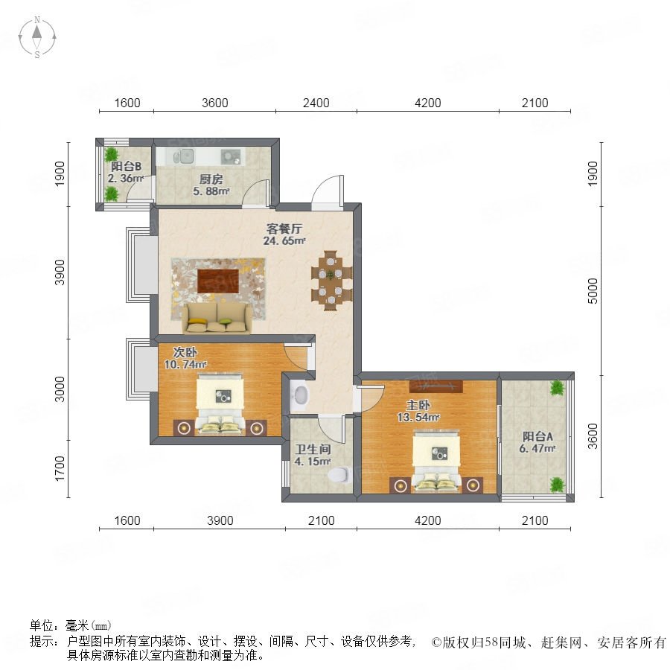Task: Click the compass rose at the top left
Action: click(37, 36)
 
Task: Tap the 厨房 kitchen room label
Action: click(211, 179)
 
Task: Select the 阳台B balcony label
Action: click(126, 166)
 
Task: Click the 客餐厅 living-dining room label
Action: click(284, 229)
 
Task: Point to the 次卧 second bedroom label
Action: click(185, 352)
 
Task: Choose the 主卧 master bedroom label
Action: click(418, 405)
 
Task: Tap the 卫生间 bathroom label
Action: click(313, 449)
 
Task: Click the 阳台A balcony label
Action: click(537, 436)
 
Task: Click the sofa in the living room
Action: click(217, 318)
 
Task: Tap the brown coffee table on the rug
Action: click(218, 281)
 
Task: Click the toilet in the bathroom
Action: click(339, 474)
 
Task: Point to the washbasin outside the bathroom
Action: click(301, 395)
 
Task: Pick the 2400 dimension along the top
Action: click(316, 103)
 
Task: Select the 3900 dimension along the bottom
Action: click(220, 520)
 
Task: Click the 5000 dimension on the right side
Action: click(593, 291)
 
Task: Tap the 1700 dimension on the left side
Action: click(60, 468)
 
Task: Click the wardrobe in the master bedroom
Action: click(435, 386)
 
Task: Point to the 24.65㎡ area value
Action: click(284, 240)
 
